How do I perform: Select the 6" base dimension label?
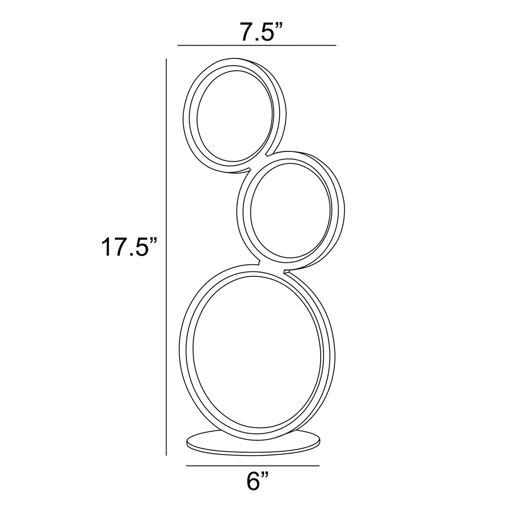coord(257,482)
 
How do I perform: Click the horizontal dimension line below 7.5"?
coord(256,45)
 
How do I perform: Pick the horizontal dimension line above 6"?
coord(253,466)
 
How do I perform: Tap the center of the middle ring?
coord(291,210)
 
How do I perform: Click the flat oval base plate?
coord(254,444)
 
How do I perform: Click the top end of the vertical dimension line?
coord(166,59)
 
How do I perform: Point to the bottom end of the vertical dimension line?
coord(166,455)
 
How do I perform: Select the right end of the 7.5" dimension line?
coord(335,45)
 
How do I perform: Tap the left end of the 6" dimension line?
coord(187,466)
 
